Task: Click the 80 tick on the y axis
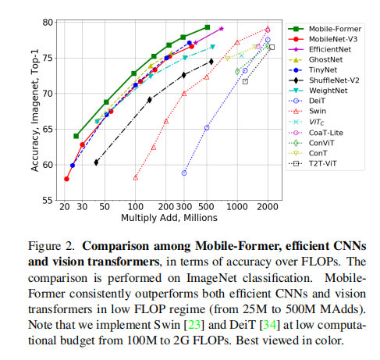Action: click(48, 22)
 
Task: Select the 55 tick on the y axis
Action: click(48, 201)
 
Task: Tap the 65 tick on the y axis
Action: click(48, 129)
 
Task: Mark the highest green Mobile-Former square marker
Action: click(207, 27)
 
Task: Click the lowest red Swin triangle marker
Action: click(135, 177)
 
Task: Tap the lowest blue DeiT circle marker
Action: click(184, 173)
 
